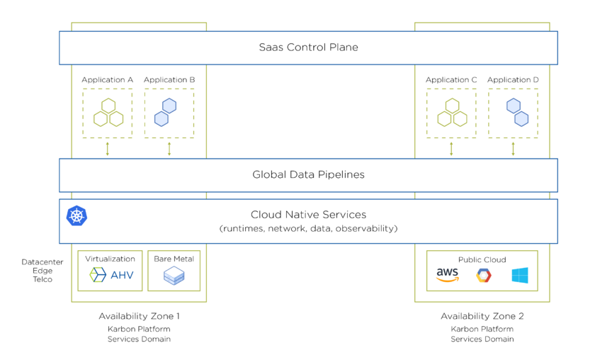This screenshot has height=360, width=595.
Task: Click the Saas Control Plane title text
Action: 308,47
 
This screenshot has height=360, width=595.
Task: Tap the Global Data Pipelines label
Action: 308,174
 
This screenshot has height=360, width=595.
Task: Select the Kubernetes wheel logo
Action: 76,215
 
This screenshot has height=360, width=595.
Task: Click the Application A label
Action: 107,80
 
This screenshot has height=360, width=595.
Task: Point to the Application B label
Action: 169,80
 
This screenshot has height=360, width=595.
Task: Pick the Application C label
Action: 451,80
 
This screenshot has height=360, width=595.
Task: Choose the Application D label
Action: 513,80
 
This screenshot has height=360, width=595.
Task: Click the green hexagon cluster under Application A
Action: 107,113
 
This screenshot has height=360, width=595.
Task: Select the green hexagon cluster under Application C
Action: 451,113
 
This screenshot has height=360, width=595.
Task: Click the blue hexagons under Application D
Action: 517,113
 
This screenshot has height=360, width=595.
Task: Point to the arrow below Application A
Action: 108,149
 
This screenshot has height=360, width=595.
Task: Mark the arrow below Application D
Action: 513,149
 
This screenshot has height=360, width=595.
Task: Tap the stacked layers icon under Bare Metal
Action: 174,276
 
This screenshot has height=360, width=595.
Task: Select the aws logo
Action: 448,275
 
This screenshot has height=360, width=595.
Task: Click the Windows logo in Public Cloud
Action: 520,275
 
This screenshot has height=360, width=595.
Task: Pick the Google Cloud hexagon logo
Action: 484,276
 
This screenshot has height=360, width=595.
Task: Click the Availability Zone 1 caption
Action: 139,316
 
